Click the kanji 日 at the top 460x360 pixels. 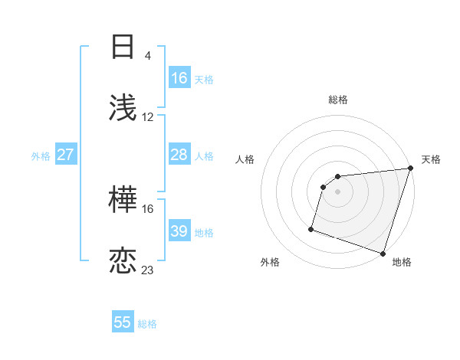[x=123, y=47]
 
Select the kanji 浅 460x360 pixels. [x=123, y=108]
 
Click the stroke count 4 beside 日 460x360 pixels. [x=148, y=55]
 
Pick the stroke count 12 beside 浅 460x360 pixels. [x=148, y=116]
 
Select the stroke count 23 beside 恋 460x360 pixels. [x=148, y=270]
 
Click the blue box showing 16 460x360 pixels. [x=179, y=78]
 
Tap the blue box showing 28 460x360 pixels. [x=179, y=155]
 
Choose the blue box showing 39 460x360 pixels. [x=179, y=231]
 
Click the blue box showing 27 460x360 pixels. [x=65, y=155]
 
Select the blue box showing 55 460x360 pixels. [x=123, y=322]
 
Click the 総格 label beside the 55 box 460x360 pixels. [x=147, y=323]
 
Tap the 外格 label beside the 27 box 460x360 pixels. [x=41, y=155]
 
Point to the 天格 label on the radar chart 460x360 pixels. [x=431, y=159]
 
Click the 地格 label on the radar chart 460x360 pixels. [x=402, y=262]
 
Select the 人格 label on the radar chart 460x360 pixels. [x=245, y=159]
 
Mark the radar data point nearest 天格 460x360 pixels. [x=410, y=169]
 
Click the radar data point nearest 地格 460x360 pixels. [x=383, y=253]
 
